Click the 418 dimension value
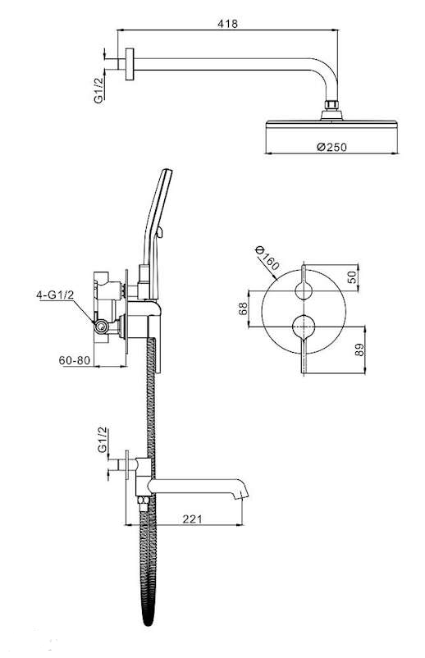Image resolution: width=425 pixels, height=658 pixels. coord(227,24)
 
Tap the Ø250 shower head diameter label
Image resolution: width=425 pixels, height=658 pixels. coord(331,147)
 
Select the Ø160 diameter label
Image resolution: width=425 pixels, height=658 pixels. coord(267,258)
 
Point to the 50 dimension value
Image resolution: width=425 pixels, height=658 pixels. coord(353,277)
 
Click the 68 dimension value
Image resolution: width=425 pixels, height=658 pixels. coord(243,308)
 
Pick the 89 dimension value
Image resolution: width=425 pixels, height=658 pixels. coord(360,350)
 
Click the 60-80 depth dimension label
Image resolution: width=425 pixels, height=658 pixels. coord(75,360)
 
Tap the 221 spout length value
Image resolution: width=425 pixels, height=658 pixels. coord(192,519)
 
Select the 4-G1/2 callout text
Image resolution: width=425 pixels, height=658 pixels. coord(55,295)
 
